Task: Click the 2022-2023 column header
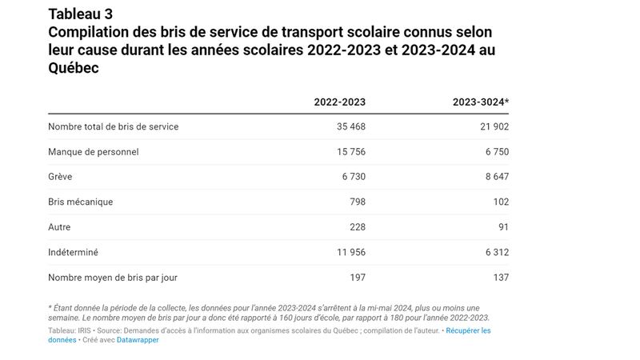coord(339,102)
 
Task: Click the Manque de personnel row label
coord(93,152)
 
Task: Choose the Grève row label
coord(60,177)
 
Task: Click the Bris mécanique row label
coord(81,202)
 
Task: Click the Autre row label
coord(60,227)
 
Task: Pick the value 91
coord(502,227)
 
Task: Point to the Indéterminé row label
coord(73,253)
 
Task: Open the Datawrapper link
coord(138,340)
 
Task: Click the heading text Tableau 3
coord(80,14)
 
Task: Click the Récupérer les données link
coord(468,330)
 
